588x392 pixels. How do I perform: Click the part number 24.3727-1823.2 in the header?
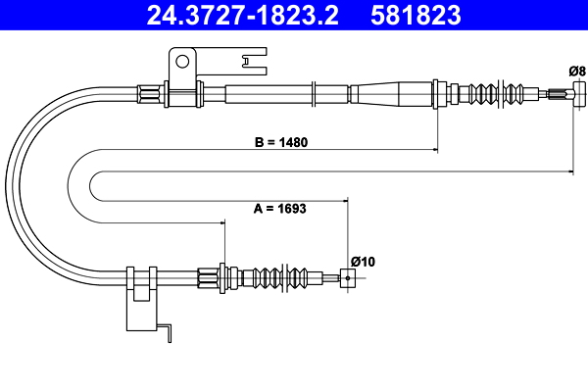pos(242,15)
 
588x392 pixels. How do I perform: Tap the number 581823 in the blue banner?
pos(416,15)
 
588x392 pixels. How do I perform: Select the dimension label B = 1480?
pos(281,142)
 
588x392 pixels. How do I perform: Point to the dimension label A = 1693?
pos(279,208)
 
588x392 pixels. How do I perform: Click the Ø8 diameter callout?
pos(577,71)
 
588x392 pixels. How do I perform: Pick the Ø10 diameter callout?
pos(363,261)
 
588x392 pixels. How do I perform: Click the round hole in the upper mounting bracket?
pos(182,61)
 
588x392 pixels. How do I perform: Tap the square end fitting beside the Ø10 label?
pos(348,278)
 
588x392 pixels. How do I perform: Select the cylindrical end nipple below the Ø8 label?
pos(578,94)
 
